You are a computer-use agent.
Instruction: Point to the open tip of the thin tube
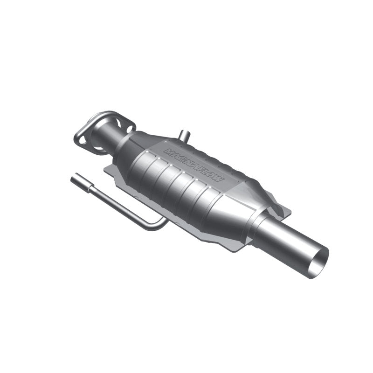point(73,178)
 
